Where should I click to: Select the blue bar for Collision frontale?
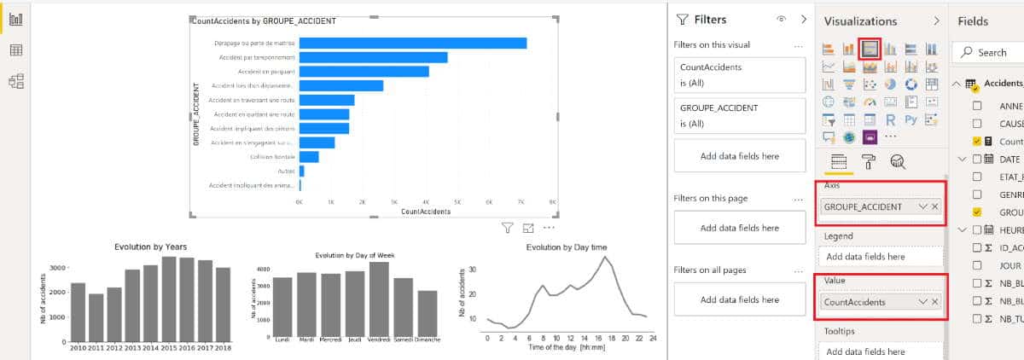coord(309,157)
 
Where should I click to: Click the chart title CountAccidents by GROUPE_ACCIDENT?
coord(265,20)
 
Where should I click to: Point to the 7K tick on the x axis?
coord(521,202)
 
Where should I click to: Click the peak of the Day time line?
coord(605,257)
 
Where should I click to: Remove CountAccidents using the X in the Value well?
coord(934,302)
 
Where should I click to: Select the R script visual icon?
coord(890,119)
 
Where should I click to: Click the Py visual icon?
coord(911,119)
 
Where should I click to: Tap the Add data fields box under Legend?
coord(881,257)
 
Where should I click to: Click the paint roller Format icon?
coord(867,162)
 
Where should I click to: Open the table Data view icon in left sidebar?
coord(15,50)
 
